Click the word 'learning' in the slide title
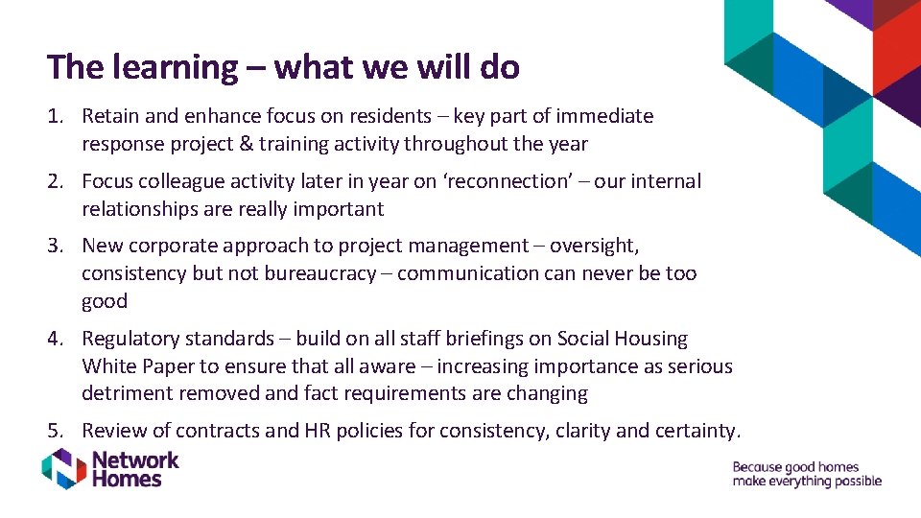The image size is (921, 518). (x=176, y=67)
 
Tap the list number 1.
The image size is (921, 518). (x=55, y=116)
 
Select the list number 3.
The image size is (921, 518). (x=55, y=246)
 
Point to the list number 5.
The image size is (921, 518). (x=55, y=431)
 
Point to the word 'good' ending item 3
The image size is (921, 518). (x=105, y=301)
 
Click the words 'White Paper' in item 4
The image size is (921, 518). (x=137, y=366)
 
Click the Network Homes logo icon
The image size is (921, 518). (x=63, y=469)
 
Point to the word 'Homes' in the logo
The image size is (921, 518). (x=127, y=479)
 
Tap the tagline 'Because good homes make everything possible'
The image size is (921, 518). (x=806, y=474)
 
